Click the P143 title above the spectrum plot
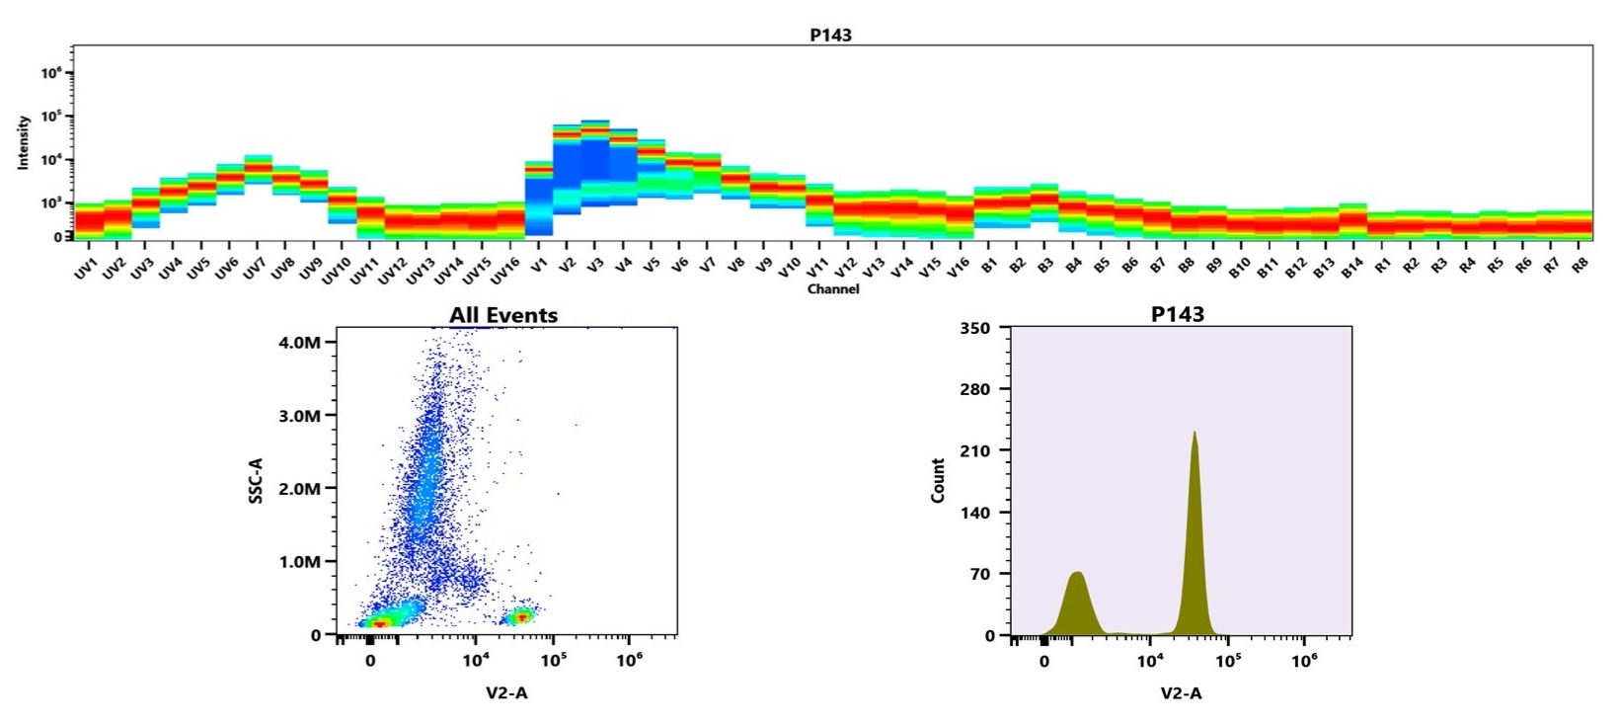click(x=830, y=35)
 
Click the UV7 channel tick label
click(x=255, y=268)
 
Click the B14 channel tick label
click(x=1351, y=268)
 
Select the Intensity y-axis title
click(x=24, y=142)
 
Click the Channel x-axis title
click(x=832, y=289)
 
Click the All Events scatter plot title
click(x=503, y=315)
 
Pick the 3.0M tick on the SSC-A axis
click(x=300, y=416)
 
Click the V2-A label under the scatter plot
click(x=506, y=692)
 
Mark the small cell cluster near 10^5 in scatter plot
click(x=518, y=616)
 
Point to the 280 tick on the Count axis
click(x=976, y=389)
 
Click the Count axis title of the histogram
click(x=938, y=481)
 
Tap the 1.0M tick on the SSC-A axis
click(x=300, y=562)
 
